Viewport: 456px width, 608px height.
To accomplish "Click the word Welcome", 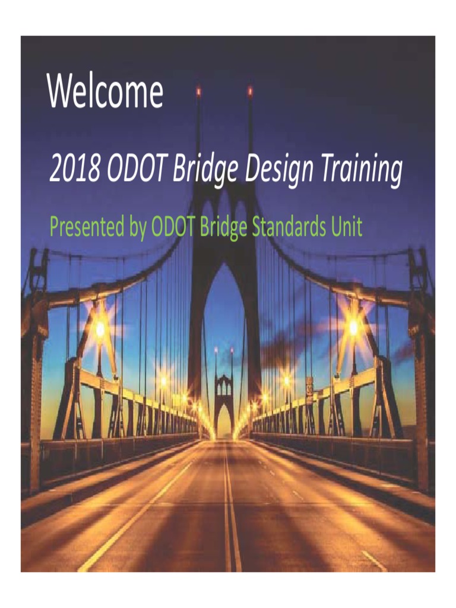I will point(105,93).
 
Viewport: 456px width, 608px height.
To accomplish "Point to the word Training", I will point(362,170).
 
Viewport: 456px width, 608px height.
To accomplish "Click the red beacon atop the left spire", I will point(198,91).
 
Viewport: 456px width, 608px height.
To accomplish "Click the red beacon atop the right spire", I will point(250,91).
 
